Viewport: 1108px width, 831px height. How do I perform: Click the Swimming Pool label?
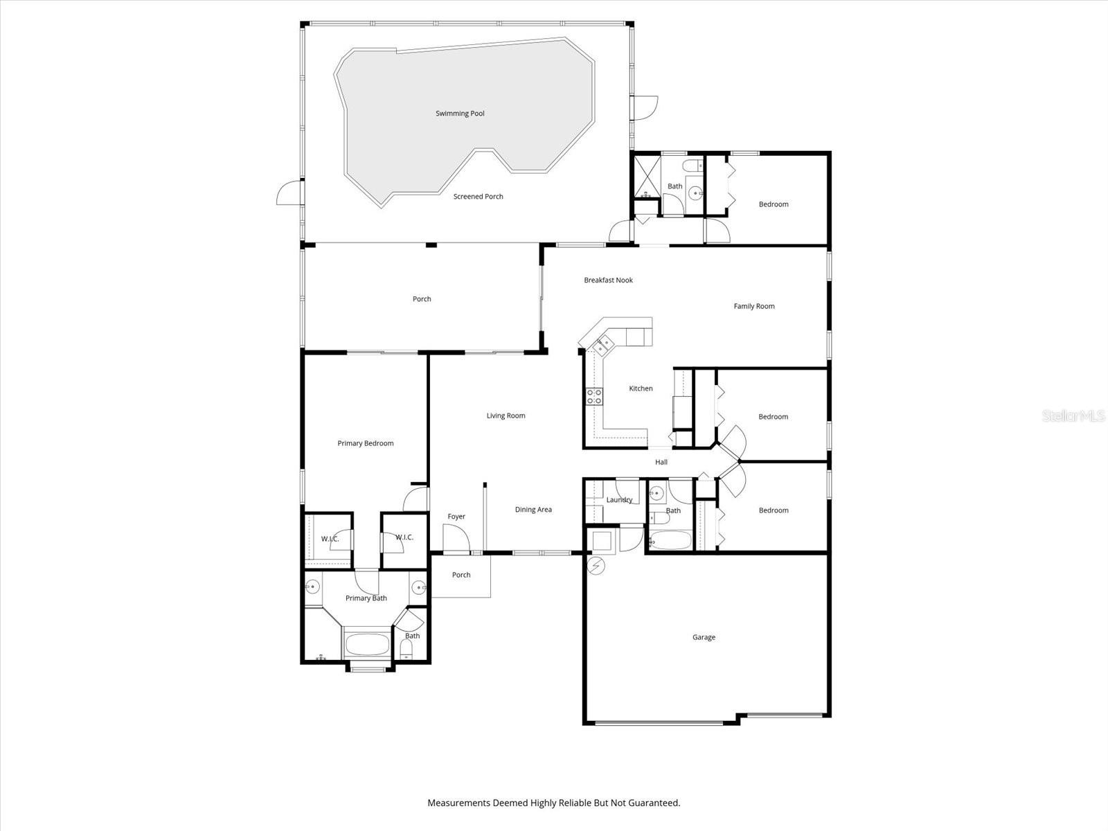pos(460,114)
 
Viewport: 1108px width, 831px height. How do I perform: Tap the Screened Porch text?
pos(478,197)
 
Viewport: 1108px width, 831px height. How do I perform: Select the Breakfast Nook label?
pos(608,280)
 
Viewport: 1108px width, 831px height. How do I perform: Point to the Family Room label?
pos(754,306)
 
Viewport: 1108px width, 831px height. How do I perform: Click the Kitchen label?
pos(641,388)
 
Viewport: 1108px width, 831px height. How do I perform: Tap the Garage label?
pos(704,637)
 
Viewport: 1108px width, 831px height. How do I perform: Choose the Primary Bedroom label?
pos(366,443)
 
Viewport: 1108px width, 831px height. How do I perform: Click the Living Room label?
pos(506,415)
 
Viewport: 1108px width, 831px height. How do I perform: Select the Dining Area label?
pos(533,510)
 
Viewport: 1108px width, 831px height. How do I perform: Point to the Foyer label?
pos(456,517)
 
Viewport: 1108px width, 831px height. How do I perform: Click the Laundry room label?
pos(619,500)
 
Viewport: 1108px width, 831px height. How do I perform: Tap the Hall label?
pos(661,462)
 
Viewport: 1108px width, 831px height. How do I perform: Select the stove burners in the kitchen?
pos(594,396)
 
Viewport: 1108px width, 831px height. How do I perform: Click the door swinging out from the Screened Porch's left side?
pos(289,193)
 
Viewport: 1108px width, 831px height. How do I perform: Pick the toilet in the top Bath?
pos(690,166)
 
